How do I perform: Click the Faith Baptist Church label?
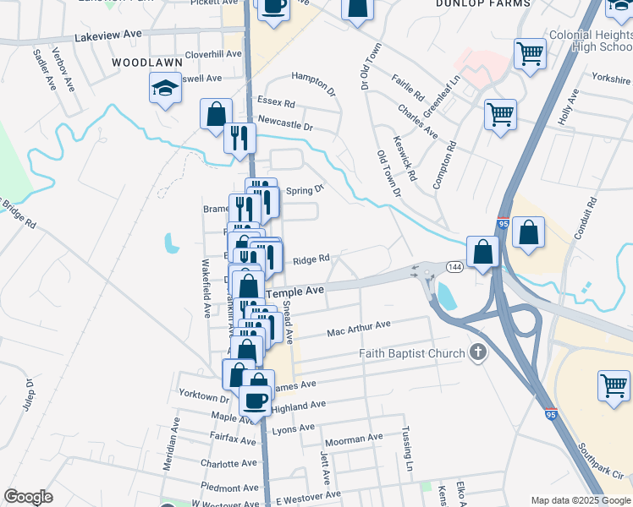[412, 353]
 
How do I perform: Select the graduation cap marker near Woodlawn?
[165, 87]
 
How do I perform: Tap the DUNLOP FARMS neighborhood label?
[482, 4]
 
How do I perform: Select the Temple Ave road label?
[295, 292]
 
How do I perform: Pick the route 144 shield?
[454, 267]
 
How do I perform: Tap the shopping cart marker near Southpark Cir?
[614, 384]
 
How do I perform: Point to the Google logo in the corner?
[28, 497]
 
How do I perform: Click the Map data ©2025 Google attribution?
[581, 500]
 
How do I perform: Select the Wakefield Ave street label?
[206, 288]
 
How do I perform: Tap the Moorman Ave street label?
[354, 439]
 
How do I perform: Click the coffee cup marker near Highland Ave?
[255, 400]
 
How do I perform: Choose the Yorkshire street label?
[612, 77]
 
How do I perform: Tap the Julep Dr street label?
[29, 395]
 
